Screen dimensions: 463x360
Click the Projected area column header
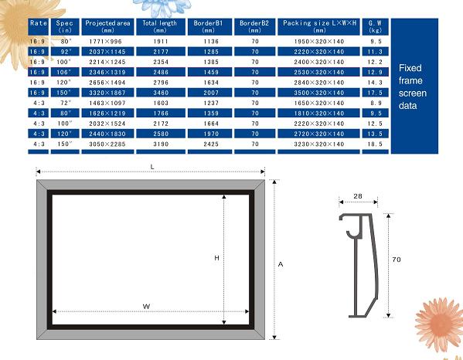coord(107,26)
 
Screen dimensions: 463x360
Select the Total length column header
coord(161,26)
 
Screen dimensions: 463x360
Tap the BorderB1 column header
coord(209,26)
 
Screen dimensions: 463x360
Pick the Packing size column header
coord(319,26)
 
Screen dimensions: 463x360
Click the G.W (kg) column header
coord(375,26)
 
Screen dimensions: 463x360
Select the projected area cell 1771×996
coord(105,41)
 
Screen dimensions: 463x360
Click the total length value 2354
coord(161,62)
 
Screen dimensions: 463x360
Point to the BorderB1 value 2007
coord(211,93)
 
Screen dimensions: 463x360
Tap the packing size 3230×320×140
coord(319,144)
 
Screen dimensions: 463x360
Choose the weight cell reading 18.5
coord(375,144)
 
